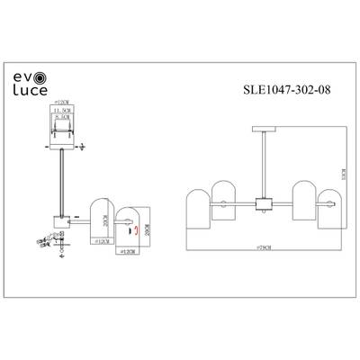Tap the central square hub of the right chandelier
[x=262, y=202]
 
